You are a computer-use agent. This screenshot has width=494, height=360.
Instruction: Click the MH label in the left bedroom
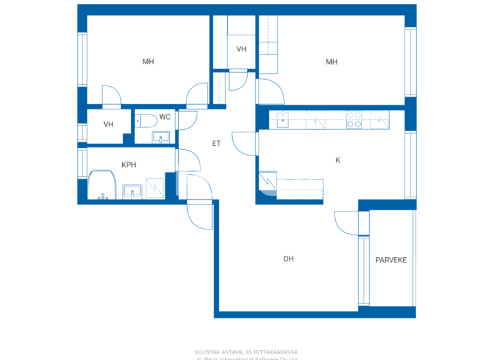click(x=148, y=62)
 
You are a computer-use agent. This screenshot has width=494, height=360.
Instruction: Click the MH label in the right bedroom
click(x=331, y=62)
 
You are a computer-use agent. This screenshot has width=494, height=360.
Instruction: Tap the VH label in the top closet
click(x=241, y=50)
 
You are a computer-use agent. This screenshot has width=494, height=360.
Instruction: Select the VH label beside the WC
click(x=108, y=124)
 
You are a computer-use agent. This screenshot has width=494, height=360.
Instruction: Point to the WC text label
click(x=165, y=117)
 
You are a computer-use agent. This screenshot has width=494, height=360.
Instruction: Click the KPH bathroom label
click(x=129, y=165)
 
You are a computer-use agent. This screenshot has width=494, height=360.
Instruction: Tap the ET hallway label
click(x=216, y=143)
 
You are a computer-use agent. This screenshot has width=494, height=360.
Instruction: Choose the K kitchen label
click(x=338, y=160)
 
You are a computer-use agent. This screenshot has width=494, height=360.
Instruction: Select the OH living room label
click(x=288, y=258)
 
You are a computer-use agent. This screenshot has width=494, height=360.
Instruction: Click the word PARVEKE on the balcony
click(x=391, y=260)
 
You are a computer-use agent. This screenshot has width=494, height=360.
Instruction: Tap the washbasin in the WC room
click(x=160, y=137)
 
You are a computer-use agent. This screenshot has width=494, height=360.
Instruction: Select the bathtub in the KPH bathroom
click(x=102, y=186)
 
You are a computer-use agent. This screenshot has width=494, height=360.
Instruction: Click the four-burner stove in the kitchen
click(x=354, y=120)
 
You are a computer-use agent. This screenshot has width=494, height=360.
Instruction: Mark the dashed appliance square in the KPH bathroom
click(x=155, y=188)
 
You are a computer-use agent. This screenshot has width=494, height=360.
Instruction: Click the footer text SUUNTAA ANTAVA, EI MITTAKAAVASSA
click(x=246, y=352)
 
